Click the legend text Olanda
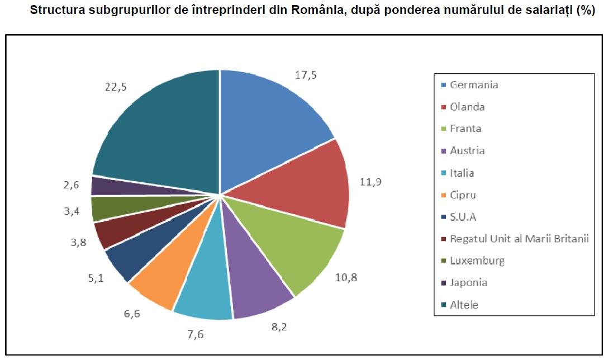(467, 107)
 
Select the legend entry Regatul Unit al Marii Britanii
(519, 239)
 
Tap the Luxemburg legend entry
(477, 260)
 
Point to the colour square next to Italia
(444, 173)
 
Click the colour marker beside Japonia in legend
(444, 283)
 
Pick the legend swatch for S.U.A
(444, 217)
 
